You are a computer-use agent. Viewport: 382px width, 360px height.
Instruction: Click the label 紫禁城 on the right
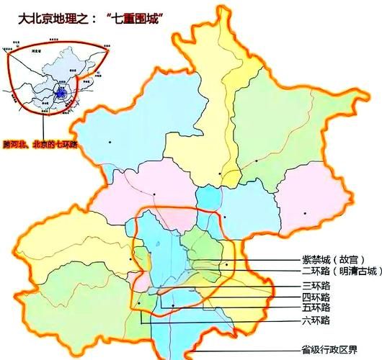click(316, 260)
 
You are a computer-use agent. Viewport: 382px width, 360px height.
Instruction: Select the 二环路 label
click(316, 271)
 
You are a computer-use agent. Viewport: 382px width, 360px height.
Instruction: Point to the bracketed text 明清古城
click(356, 271)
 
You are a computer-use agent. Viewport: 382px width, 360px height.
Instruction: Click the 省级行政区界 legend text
click(331, 350)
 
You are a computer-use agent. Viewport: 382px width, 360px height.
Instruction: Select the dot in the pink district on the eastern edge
click(306, 213)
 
